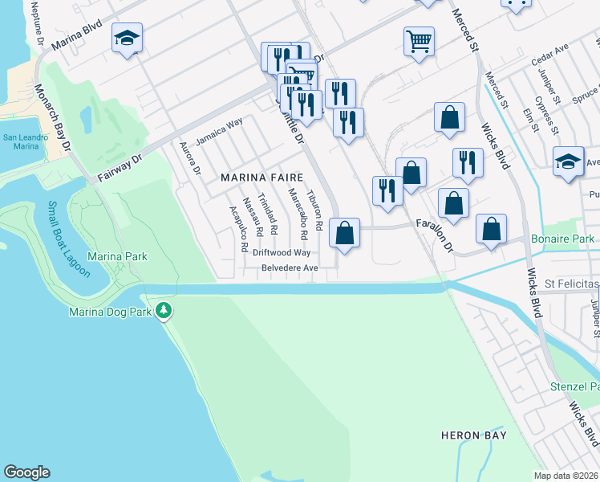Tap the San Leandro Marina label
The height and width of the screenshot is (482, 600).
pyautogui.click(x=21, y=142)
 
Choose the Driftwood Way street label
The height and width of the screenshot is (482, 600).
pyautogui.click(x=281, y=252)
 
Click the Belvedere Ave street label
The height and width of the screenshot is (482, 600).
pyautogui.click(x=290, y=268)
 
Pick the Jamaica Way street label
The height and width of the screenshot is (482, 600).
pyautogui.click(x=219, y=131)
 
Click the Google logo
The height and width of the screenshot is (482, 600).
pyautogui.click(x=26, y=472)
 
